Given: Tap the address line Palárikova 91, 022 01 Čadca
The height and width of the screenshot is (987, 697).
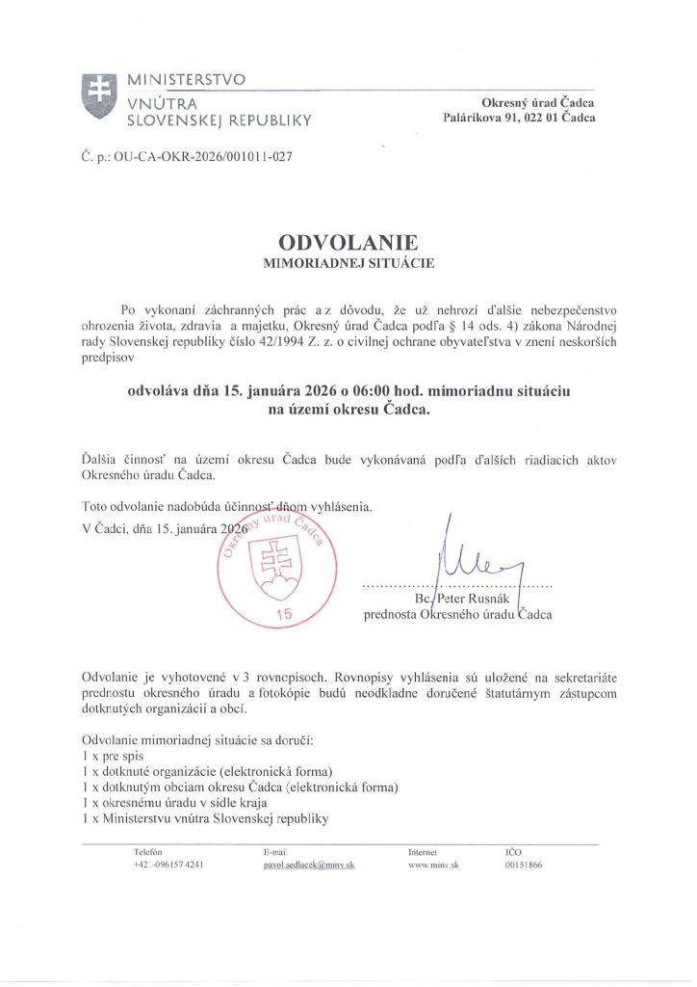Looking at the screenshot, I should click(518, 119).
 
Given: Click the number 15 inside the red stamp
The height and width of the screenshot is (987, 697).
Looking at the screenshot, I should click(283, 613).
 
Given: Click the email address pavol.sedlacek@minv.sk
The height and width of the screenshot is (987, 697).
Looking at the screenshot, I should click(309, 866).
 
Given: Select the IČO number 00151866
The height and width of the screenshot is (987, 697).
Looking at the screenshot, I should click(524, 866).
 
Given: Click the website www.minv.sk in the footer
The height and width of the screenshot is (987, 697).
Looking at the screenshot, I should click(432, 866).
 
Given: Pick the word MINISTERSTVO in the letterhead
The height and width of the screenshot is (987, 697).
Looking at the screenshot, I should click(187, 78).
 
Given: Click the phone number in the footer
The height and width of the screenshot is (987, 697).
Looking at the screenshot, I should click(168, 866).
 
